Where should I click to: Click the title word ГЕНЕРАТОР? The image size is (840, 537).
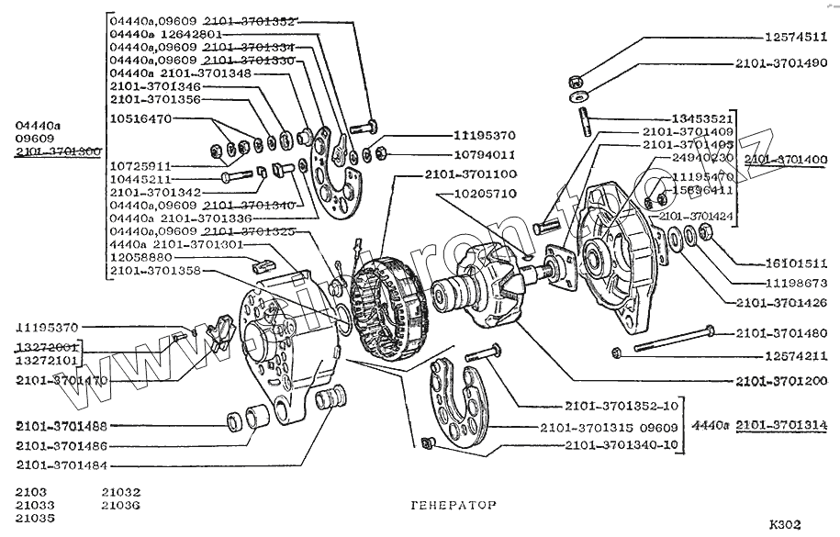point(450,506)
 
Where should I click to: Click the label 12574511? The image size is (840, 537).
point(795,38)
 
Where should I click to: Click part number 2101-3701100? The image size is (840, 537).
point(471,174)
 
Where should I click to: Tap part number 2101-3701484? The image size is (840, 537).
point(62,465)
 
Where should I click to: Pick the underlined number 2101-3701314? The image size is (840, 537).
point(782,425)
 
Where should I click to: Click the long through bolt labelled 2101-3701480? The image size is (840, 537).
point(670,339)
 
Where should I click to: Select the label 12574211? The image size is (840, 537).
point(795,355)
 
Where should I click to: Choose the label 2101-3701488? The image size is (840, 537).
point(62,426)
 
